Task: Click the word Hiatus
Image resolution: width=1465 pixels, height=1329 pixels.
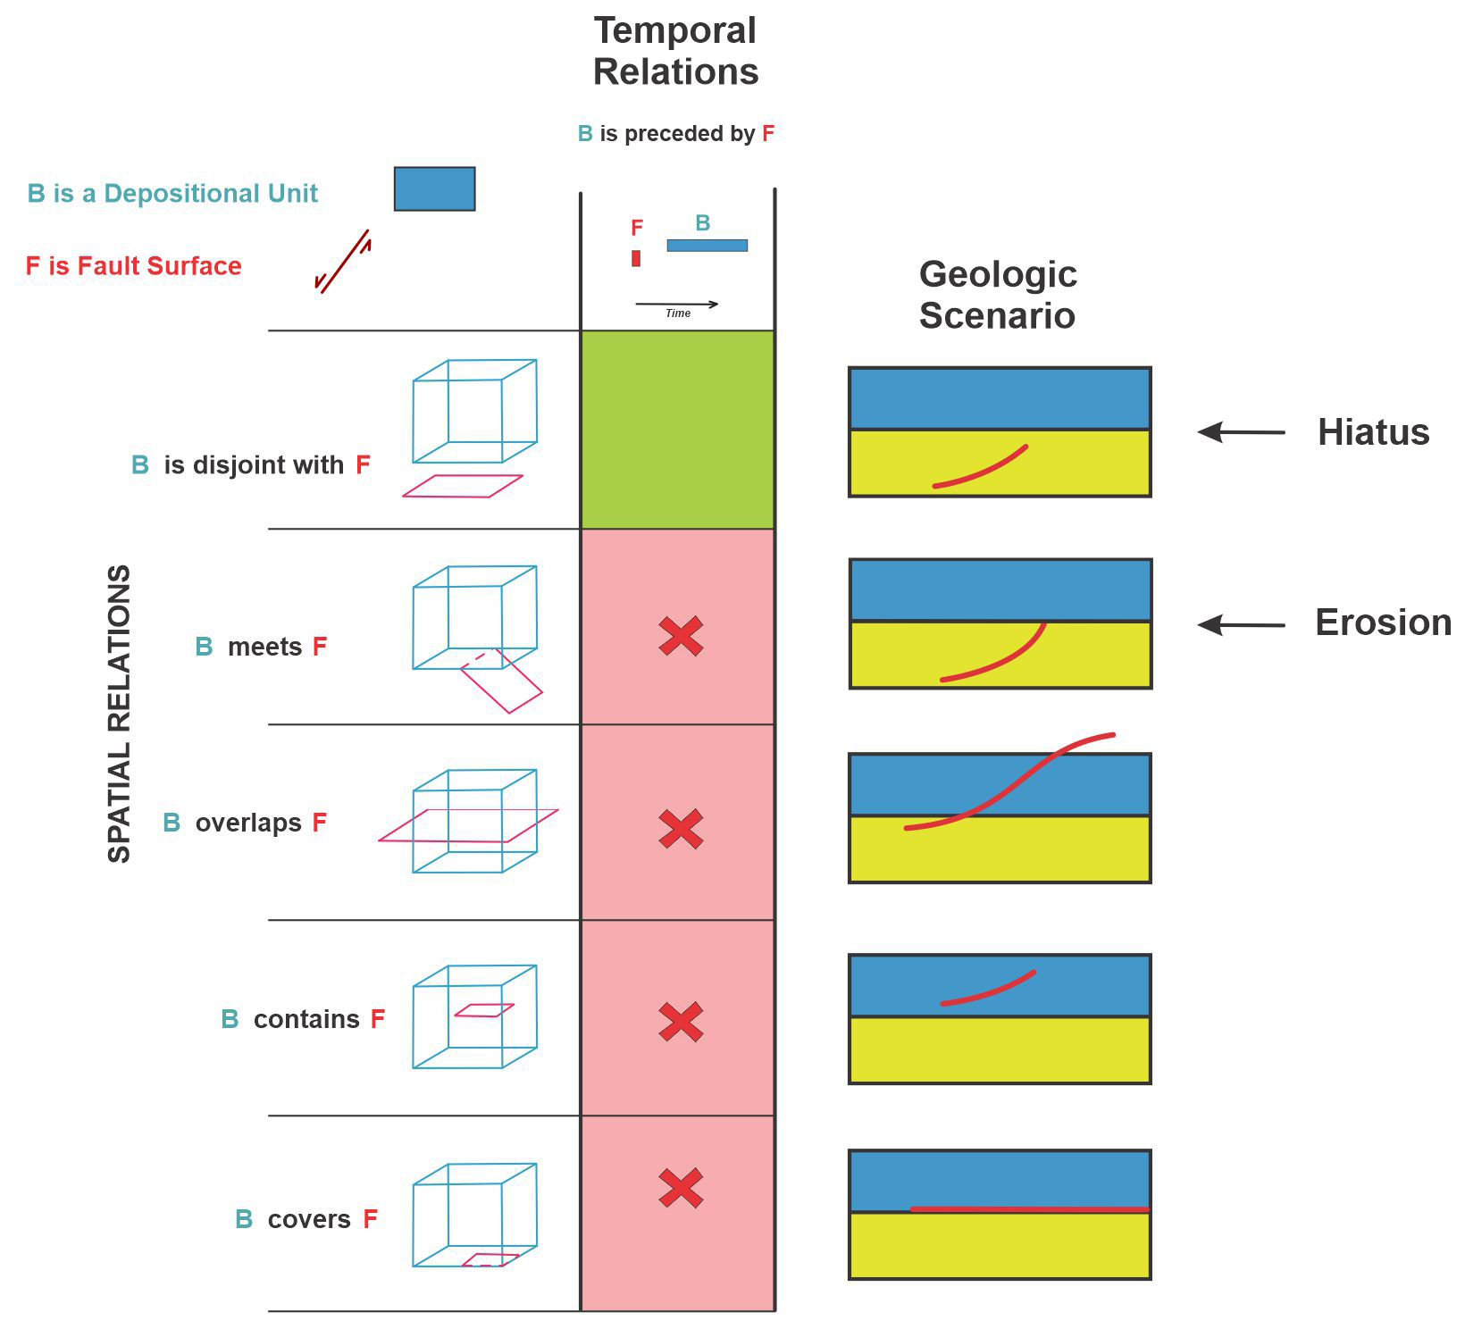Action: pos(1373,432)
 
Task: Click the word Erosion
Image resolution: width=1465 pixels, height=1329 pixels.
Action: pos(1383,623)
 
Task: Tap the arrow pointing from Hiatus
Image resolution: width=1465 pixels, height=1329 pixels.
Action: pos(1241,432)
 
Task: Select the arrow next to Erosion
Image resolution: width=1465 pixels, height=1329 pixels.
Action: pos(1241,624)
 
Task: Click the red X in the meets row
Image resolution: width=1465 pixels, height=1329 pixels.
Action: pos(681,637)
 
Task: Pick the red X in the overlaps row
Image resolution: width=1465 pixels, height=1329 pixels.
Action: pos(681,829)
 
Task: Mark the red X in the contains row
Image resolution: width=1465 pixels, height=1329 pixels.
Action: pos(681,1023)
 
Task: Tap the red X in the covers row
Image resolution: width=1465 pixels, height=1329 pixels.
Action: pos(681,1189)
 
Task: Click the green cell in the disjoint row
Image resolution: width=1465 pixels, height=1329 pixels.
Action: pos(677,430)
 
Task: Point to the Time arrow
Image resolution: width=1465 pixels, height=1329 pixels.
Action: pos(677,305)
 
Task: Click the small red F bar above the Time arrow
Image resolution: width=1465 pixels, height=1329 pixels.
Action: pos(636,258)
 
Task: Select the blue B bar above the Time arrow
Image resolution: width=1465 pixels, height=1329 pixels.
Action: pos(707,245)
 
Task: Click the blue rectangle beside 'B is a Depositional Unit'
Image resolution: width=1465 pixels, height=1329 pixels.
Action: pos(434,188)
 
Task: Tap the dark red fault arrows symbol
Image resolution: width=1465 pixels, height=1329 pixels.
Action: pos(343,261)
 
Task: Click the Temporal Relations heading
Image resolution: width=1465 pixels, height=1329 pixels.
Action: pos(675,51)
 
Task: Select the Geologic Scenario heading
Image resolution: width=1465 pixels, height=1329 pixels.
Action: pos(998,295)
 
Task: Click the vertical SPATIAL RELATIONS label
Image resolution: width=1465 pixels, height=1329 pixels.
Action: pos(119,714)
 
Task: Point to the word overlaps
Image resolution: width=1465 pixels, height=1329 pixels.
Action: pos(248,823)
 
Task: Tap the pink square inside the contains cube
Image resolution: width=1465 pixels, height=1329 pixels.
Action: pos(484,1010)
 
